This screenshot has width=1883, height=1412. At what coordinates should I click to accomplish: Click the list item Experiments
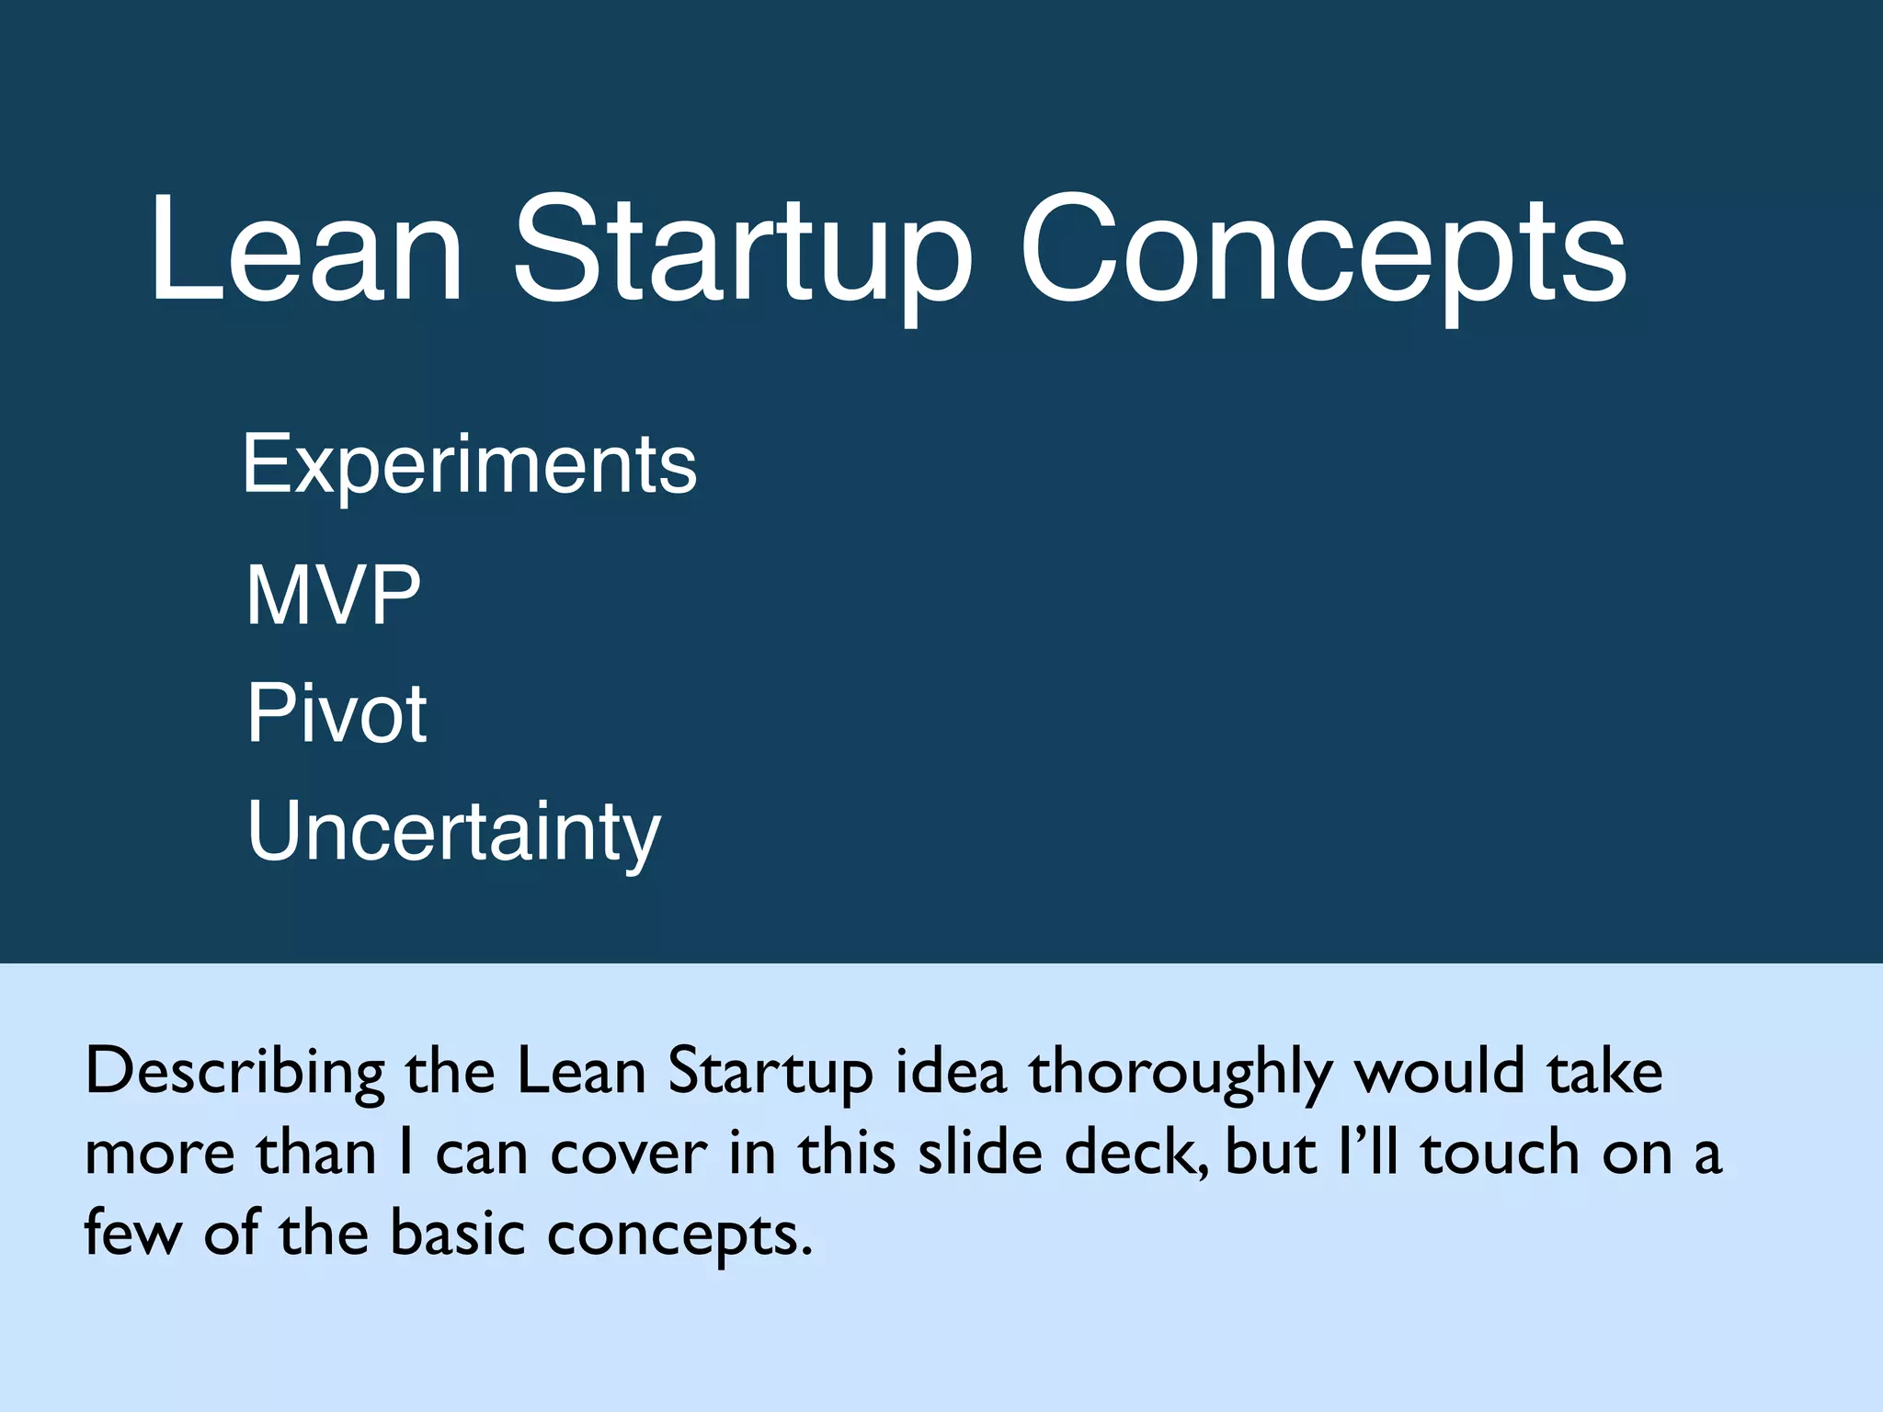click(x=470, y=466)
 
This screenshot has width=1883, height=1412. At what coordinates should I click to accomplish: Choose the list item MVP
click(x=333, y=596)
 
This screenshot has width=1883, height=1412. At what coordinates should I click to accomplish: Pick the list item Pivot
click(x=337, y=713)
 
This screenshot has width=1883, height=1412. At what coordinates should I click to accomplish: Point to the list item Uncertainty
click(x=454, y=832)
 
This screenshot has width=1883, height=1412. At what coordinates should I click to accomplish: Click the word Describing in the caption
click(x=235, y=1072)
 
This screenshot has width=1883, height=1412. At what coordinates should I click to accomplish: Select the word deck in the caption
click(x=1132, y=1153)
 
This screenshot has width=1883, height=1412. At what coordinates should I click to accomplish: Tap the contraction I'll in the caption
click(x=1368, y=1153)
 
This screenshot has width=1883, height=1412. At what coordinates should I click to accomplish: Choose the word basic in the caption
click(x=458, y=1234)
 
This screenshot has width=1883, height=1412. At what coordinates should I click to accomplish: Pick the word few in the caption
click(x=133, y=1234)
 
